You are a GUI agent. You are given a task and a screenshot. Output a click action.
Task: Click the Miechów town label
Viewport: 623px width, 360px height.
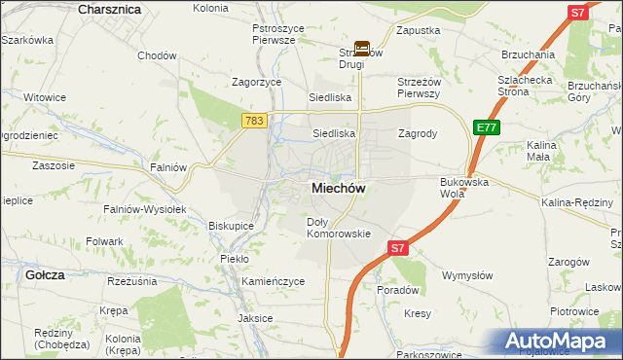coord(338,190)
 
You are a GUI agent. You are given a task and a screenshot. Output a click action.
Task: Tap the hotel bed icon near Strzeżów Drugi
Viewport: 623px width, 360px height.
coord(361,47)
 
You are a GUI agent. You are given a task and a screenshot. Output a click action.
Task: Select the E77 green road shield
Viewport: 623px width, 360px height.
coord(486,127)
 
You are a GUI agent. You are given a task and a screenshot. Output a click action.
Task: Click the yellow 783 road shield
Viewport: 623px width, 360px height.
coord(254,120)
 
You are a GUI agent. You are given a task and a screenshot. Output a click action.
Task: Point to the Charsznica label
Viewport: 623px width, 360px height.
coord(109,9)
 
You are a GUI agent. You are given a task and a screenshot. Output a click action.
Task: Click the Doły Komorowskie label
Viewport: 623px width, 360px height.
coord(339,228)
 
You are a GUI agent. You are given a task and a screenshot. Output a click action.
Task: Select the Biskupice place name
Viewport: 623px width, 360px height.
coord(231,226)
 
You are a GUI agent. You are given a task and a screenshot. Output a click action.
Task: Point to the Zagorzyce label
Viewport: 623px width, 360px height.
coord(255,83)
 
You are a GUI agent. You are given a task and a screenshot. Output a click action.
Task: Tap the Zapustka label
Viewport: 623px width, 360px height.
coord(419,31)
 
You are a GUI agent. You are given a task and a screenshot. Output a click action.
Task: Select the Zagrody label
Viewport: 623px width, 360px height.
coord(417,133)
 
